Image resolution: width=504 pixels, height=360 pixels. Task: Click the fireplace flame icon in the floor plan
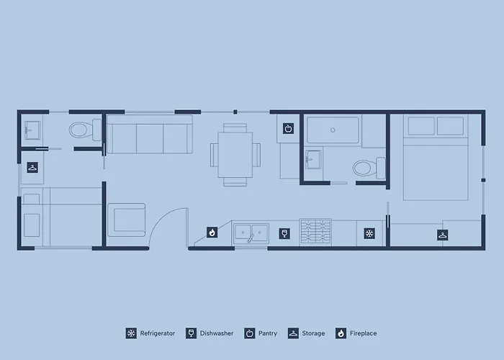[x=212, y=232]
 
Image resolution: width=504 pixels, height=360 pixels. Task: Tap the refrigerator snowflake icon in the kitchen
[x=369, y=233]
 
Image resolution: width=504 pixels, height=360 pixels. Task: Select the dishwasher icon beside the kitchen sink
[x=284, y=233]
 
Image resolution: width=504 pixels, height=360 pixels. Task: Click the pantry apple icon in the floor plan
[x=288, y=129]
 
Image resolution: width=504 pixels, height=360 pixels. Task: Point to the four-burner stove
[x=315, y=231]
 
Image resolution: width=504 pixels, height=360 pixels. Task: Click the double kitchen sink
[x=251, y=233]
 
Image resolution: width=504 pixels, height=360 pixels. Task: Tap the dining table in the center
[x=235, y=155]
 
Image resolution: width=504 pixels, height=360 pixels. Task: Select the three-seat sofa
[x=150, y=135]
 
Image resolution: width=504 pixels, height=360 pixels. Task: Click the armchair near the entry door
[x=126, y=220]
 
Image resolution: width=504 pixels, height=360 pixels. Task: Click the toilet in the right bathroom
[x=369, y=168]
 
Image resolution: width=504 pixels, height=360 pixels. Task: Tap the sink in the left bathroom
[x=32, y=130]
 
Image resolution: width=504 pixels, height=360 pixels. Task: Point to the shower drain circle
[x=333, y=130]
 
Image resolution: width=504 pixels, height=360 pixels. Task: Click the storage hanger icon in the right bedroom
[x=443, y=235]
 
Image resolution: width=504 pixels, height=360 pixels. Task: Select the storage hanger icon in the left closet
[x=32, y=168]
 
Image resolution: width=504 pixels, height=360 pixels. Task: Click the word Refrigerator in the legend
[x=158, y=333]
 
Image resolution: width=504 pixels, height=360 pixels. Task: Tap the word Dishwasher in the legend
[x=217, y=333]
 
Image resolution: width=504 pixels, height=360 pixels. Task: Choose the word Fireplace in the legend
[x=363, y=333]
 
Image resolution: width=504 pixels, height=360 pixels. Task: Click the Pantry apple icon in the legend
[x=249, y=333]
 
